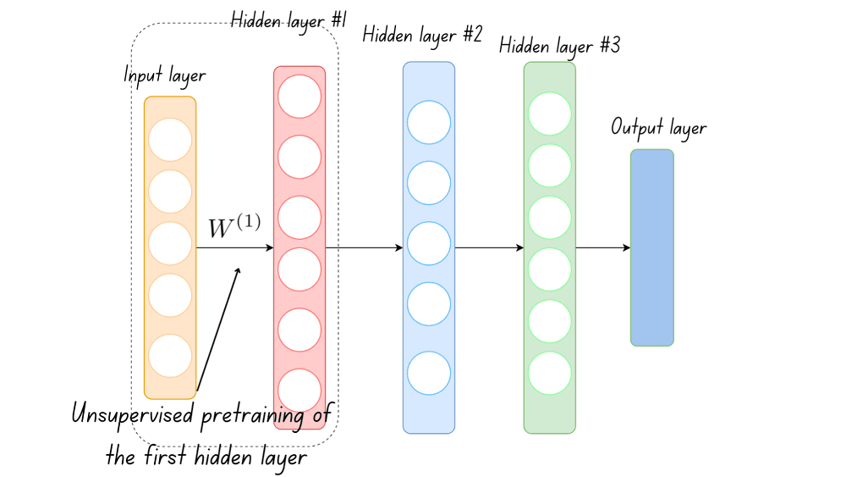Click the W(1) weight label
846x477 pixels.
pos(234,227)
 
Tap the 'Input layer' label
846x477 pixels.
pos(165,75)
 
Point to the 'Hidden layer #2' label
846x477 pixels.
pos(422,36)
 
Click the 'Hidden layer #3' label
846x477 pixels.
pos(559,46)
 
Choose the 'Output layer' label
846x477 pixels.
pos(658,128)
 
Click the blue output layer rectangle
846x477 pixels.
pos(651,247)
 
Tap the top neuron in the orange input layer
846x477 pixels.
pos(170,140)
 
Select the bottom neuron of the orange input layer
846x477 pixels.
pos(170,356)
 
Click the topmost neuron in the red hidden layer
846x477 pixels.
pos(299,96)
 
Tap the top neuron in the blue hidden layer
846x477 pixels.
pos(429,122)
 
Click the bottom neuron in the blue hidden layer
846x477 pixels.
pos(429,372)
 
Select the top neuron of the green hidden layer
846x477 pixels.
pos(550,114)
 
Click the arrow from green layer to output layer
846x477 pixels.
pos(602,248)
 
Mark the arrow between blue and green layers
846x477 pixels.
pos(489,248)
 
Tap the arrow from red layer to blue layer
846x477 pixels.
pos(364,248)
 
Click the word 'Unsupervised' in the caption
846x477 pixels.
pos(132,416)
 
